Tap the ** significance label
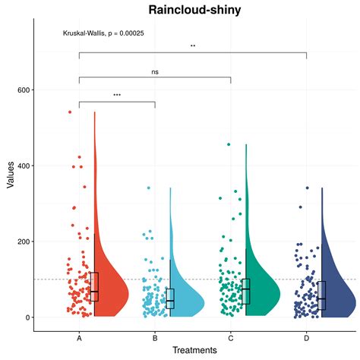point(193,46)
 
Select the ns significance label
point(155,72)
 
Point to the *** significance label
point(117,96)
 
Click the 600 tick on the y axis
point(23,90)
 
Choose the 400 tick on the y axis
point(23,166)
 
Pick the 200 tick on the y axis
point(23,242)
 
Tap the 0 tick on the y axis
point(27,317)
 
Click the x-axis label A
point(79,337)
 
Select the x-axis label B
point(155,337)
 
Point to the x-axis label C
point(231,337)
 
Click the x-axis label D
point(307,337)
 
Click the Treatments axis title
point(194,350)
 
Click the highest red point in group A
point(70,112)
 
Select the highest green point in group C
point(229,144)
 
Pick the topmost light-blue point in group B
point(149,188)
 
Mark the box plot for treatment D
point(322,294)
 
